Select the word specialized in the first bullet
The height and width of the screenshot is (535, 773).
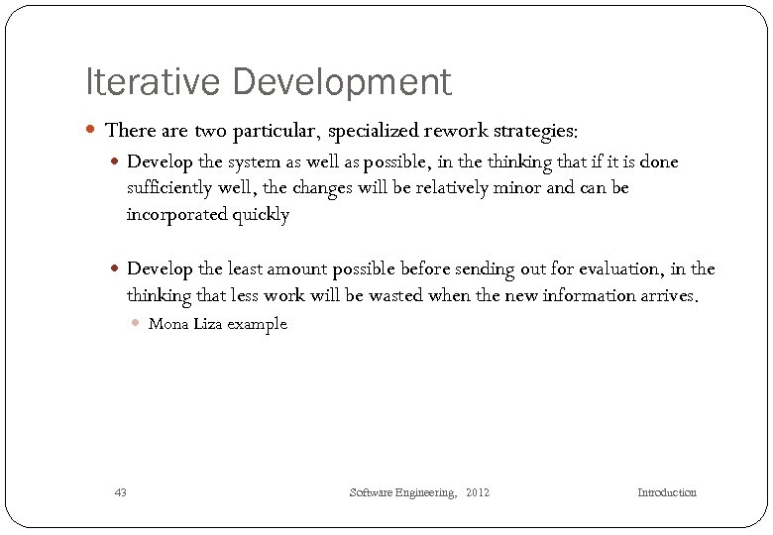(x=376, y=130)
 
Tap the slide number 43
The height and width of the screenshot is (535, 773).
(x=121, y=492)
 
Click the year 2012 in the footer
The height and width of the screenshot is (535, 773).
(x=477, y=492)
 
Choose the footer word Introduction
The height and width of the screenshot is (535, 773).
(x=666, y=492)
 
